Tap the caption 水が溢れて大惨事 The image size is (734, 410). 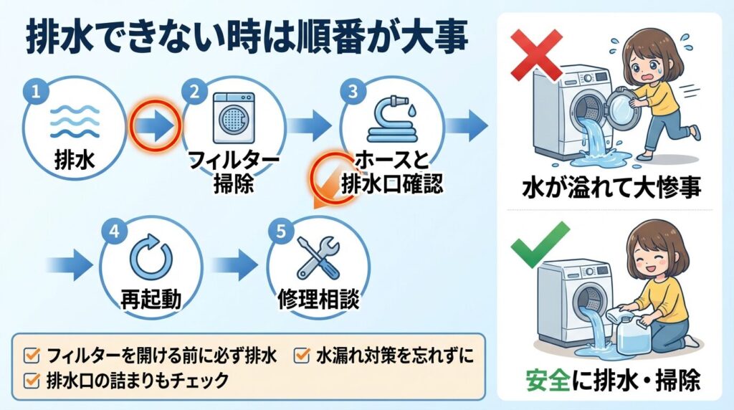tap(610, 188)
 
